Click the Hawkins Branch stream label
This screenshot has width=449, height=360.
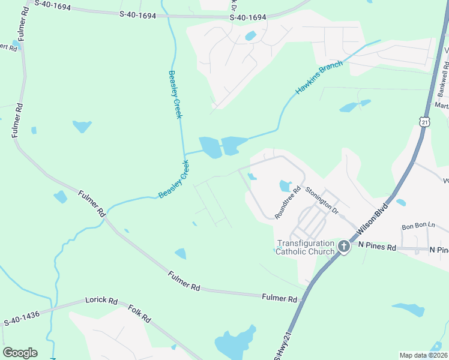click(319, 77)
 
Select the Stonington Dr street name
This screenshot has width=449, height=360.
click(322, 200)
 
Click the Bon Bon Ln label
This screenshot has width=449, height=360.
click(418, 226)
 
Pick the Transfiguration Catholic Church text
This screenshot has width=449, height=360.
click(305, 247)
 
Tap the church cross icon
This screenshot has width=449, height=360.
click(344, 246)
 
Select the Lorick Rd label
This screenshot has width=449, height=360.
click(101, 299)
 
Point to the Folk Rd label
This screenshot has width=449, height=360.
click(139, 313)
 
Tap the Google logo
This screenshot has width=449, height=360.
click(20, 353)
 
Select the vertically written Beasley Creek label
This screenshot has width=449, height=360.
click(174, 94)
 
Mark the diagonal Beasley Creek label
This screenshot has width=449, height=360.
click(174, 179)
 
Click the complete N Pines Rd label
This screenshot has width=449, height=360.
click(377, 247)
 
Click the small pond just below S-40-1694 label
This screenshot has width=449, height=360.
click(250, 35)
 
